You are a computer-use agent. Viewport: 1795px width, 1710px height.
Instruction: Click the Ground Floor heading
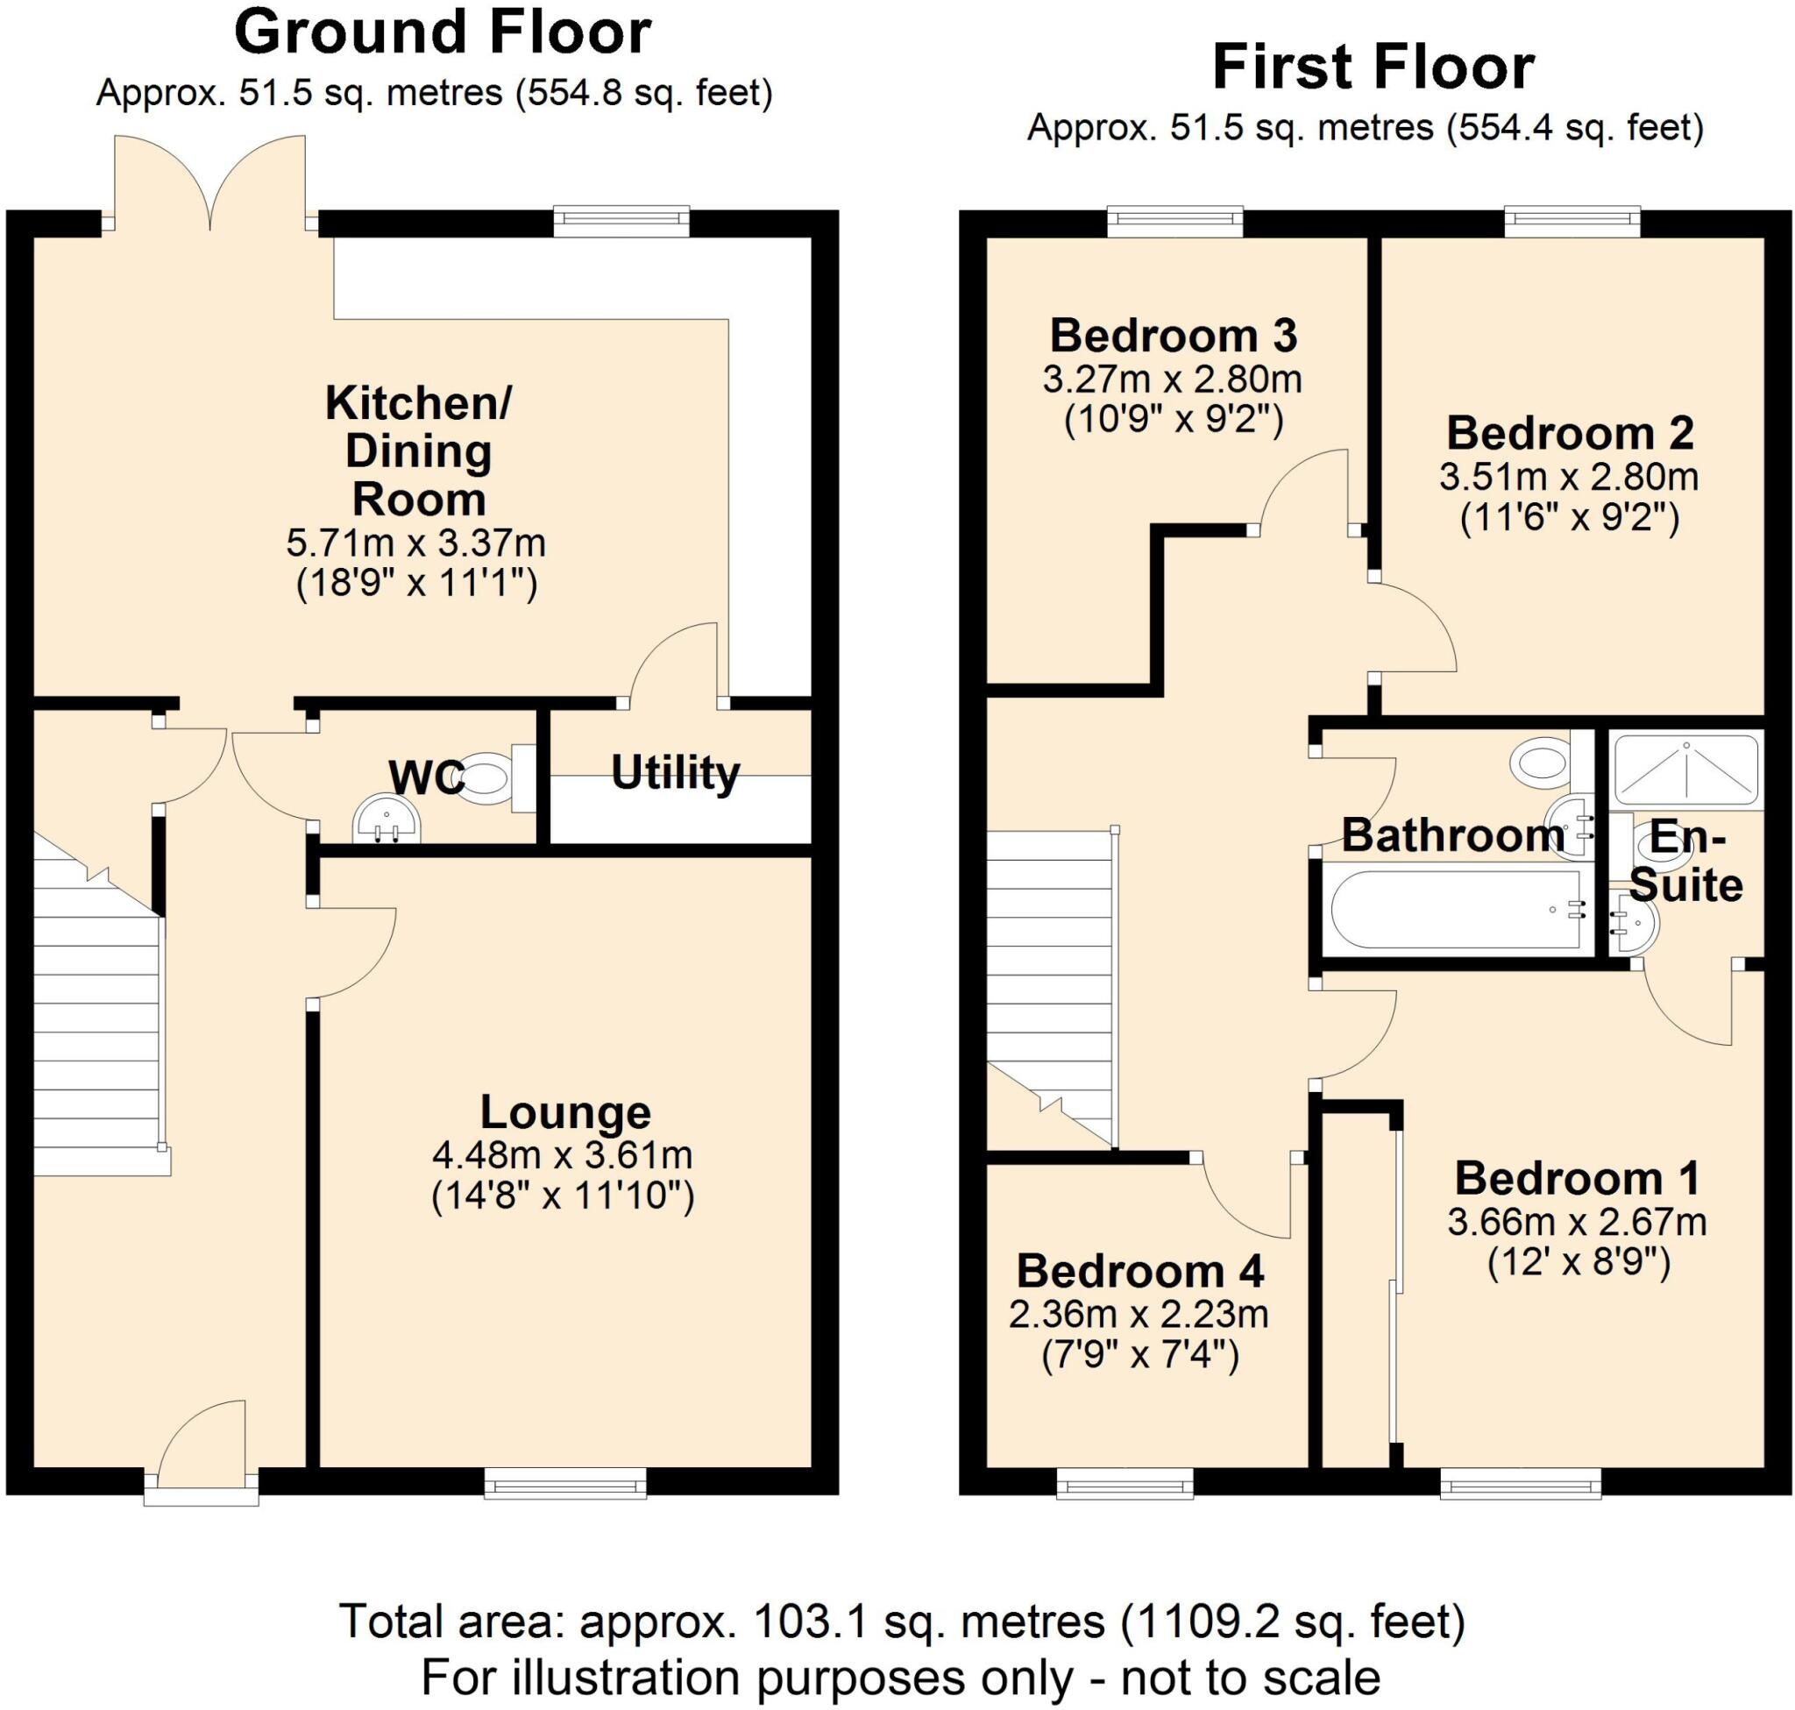point(442,32)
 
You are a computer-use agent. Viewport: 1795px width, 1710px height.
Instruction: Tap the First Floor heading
point(1373,67)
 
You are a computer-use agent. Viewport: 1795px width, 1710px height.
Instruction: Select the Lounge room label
point(565,1112)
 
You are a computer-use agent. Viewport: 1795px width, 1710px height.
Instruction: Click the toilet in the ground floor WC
point(497,778)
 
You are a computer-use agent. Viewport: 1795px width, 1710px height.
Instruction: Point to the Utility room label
point(676,773)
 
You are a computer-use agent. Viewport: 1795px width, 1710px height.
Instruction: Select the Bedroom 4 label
point(1140,1271)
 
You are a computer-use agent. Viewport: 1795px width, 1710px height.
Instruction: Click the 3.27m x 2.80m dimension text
point(1173,380)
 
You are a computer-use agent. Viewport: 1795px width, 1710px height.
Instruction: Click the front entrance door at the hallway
point(202,1450)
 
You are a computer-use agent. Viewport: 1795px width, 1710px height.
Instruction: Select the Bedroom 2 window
point(1572,221)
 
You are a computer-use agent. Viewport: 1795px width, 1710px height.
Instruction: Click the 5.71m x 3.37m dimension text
point(415,543)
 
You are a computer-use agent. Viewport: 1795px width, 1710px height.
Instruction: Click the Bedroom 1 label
point(1577,1178)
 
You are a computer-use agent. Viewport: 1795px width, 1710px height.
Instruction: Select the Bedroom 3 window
point(1176,221)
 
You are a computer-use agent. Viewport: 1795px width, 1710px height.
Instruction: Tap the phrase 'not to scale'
point(1251,1678)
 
